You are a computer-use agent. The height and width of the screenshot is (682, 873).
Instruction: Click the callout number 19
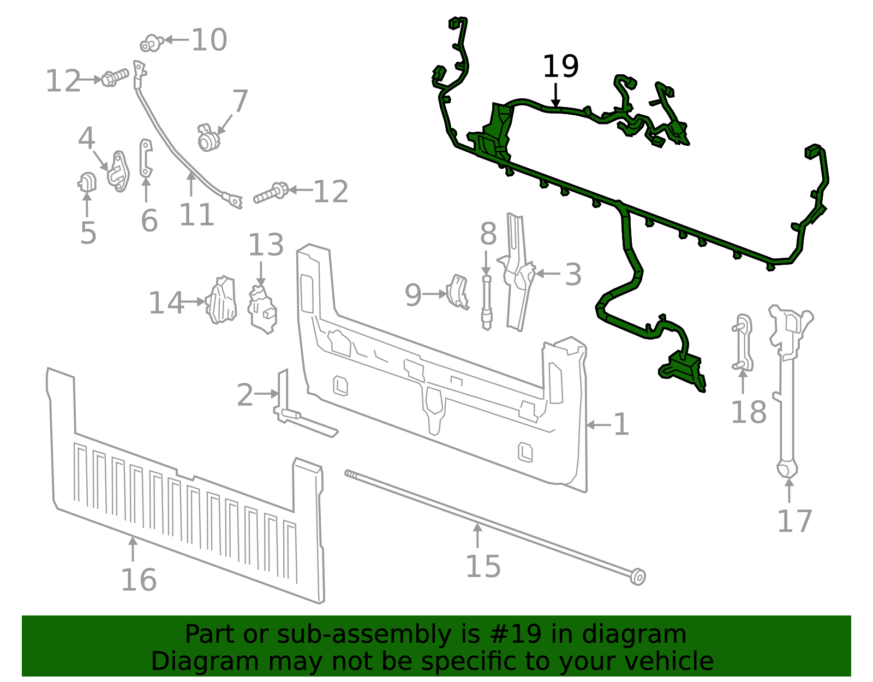pyautogui.click(x=560, y=67)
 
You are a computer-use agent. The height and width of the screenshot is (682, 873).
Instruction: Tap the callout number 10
pyautogui.click(x=209, y=40)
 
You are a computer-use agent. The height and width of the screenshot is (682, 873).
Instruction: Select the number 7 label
pyautogui.click(x=240, y=102)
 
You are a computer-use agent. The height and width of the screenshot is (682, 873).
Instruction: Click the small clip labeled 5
pyautogui.click(x=87, y=182)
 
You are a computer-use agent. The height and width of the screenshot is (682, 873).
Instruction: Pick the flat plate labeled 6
pyautogui.click(x=146, y=158)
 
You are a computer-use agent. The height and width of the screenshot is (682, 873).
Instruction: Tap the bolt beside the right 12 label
pyautogui.click(x=271, y=193)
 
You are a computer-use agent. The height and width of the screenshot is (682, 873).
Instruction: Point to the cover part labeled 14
pyautogui.click(x=222, y=300)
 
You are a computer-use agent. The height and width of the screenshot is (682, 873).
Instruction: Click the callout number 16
pyautogui.click(x=139, y=580)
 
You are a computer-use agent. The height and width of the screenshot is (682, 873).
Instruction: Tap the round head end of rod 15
pyautogui.click(x=637, y=577)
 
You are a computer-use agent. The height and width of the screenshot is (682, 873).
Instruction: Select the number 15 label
pyautogui.click(x=483, y=566)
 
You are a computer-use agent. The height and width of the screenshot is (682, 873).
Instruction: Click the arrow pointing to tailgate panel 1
pyautogui.click(x=599, y=425)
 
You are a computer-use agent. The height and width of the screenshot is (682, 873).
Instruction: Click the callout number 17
pyautogui.click(x=794, y=521)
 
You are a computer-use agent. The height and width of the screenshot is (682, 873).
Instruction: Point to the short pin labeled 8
pyautogui.click(x=486, y=303)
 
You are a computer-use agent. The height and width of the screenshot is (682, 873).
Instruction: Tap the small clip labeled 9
pyautogui.click(x=458, y=292)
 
